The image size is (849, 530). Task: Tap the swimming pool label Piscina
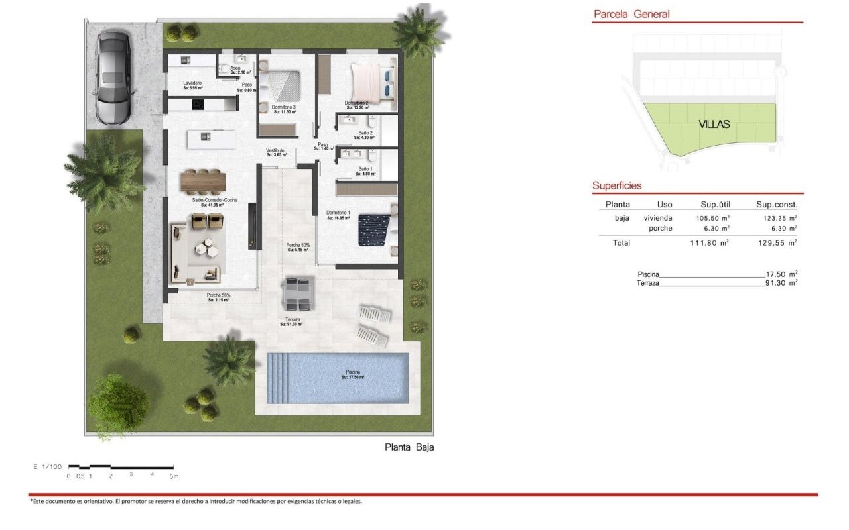[x=353, y=374]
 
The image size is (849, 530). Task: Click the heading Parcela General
[x=631, y=14]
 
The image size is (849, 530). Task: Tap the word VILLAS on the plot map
[x=714, y=124]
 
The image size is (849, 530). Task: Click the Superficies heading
[x=617, y=186]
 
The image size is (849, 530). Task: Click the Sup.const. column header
[x=777, y=205]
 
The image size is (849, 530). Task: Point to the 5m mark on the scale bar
[x=173, y=476]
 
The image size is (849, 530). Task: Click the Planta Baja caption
[x=409, y=447]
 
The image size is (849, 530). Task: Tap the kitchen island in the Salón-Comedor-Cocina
[x=211, y=138]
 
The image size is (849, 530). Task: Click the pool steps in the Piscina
[x=279, y=378]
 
